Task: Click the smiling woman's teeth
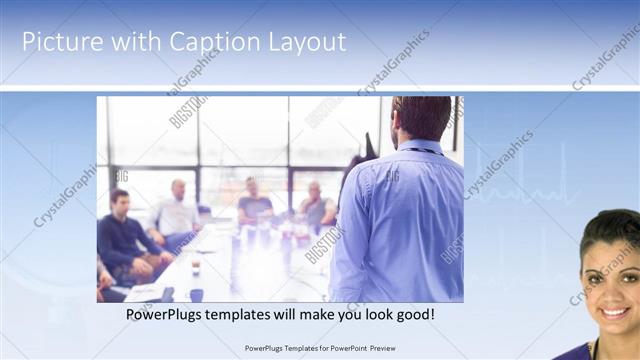[x=613, y=312]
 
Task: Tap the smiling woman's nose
[x=612, y=293]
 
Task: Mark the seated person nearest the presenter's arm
[x=317, y=205]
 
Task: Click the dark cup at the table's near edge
[x=196, y=295]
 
